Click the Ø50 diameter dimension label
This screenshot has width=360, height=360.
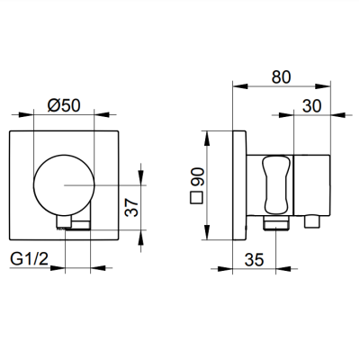point(64,105)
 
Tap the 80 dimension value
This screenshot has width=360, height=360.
point(281,77)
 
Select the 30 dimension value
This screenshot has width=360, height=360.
point(311,106)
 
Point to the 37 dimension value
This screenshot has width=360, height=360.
point(132,207)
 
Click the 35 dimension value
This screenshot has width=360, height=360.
point(254,259)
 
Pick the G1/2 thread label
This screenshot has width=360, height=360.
point(29,259)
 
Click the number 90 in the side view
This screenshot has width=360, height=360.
point(198,177)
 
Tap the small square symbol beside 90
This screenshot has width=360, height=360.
point(197,198)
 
